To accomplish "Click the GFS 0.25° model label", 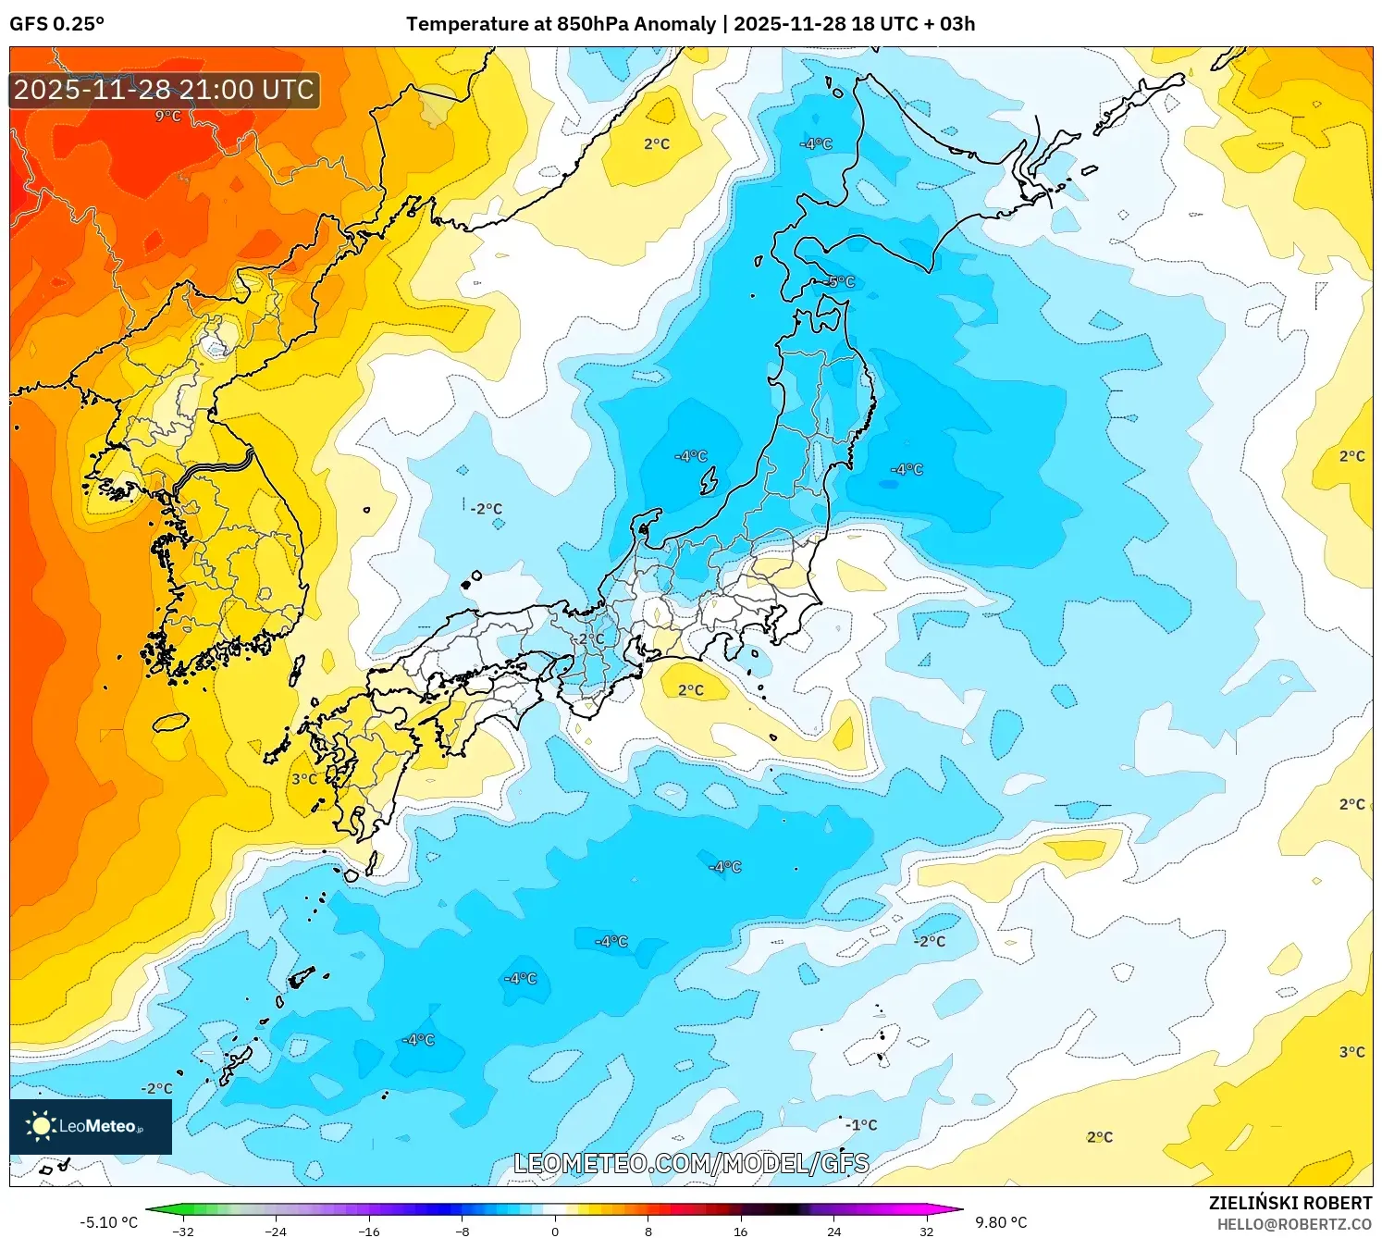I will coord(57,24).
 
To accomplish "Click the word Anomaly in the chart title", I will coord(674,24).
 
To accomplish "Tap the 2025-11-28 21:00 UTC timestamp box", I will coord(165,90).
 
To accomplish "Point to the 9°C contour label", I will coord(167,116).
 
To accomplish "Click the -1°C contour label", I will coord(861,1125).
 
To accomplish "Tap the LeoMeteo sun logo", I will coord(41,1126).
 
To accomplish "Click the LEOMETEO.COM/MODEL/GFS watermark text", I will coord(691,1163).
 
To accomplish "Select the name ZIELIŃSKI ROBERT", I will coord(1290,1203).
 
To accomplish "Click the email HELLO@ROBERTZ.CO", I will coord(1294,1224).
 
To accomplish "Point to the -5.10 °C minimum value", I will coord(108,1222).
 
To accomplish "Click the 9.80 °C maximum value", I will coord(1001,1222).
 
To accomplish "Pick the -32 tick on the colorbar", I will coord(183,1232).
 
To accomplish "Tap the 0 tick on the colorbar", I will coord(555,1232).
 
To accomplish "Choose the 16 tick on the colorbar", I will coord(741,1232).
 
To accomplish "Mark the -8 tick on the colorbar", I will coord(463,1232).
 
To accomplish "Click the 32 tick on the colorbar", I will coord(927,1232).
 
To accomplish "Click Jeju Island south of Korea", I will coord(170,722).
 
